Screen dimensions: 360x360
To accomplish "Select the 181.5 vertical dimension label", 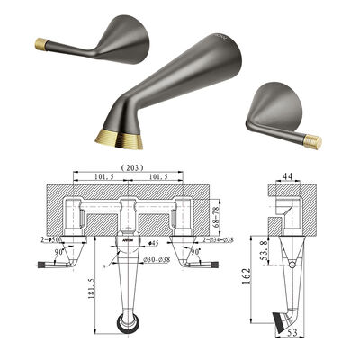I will pyautogui.click(x=92, y=290).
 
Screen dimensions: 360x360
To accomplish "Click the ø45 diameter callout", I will pyautogui.click(x=154, y=242).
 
